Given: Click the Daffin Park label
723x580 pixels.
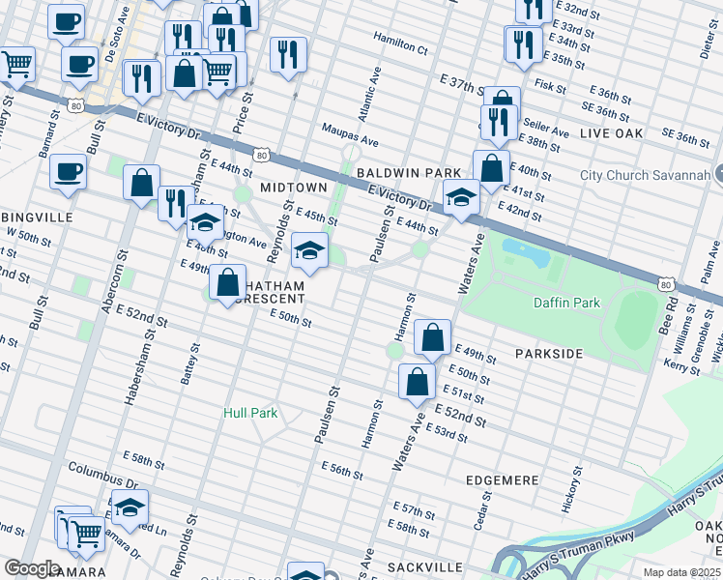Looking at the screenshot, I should (566, 303).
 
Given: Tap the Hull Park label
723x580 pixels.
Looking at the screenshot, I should (250, 413).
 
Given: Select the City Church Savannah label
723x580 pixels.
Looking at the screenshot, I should (645, 175).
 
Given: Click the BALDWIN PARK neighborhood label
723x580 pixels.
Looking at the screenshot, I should (408, 172).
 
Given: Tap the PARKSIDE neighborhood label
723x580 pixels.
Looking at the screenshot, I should (548, 354).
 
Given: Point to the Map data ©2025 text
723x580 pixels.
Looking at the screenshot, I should (681, 572).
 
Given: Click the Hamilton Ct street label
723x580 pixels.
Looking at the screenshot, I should (401, 46).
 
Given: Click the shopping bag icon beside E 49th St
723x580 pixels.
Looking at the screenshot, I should (433, 337).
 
